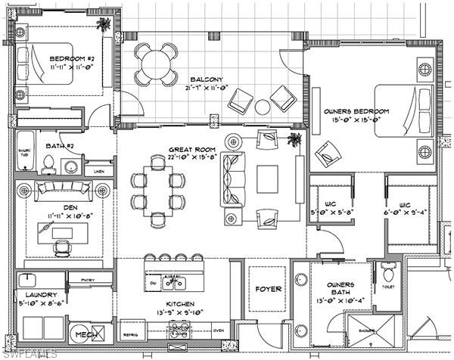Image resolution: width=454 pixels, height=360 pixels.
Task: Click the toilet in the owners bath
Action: pos(389,270)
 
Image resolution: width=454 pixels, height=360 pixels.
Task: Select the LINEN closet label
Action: pos(99,172)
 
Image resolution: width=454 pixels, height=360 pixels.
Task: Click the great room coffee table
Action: pos(268,179)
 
